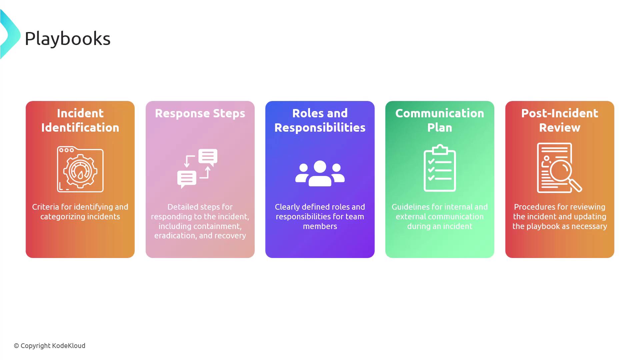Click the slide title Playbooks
click(67, 39)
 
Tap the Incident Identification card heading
click(80, 120)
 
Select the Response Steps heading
click(200, 113)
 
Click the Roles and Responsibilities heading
click(320, 120)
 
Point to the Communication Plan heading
click(440, 120)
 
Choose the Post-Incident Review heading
click(560, 120)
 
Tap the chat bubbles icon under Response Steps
click(197, 169)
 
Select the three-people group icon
click(320, 173)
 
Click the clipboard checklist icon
click(440, 168)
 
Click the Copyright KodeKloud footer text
click(50, 346)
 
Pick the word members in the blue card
click(320, 226)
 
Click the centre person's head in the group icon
click(320, 167)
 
